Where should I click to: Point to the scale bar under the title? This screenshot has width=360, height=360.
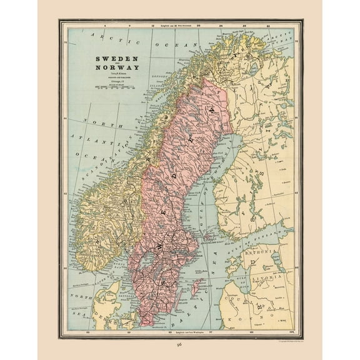tap(116, 89)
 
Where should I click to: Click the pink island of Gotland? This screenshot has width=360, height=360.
tap(196, 287)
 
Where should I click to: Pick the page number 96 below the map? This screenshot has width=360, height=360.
tap(180, 344)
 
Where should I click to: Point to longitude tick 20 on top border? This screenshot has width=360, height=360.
tap(198, 26)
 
